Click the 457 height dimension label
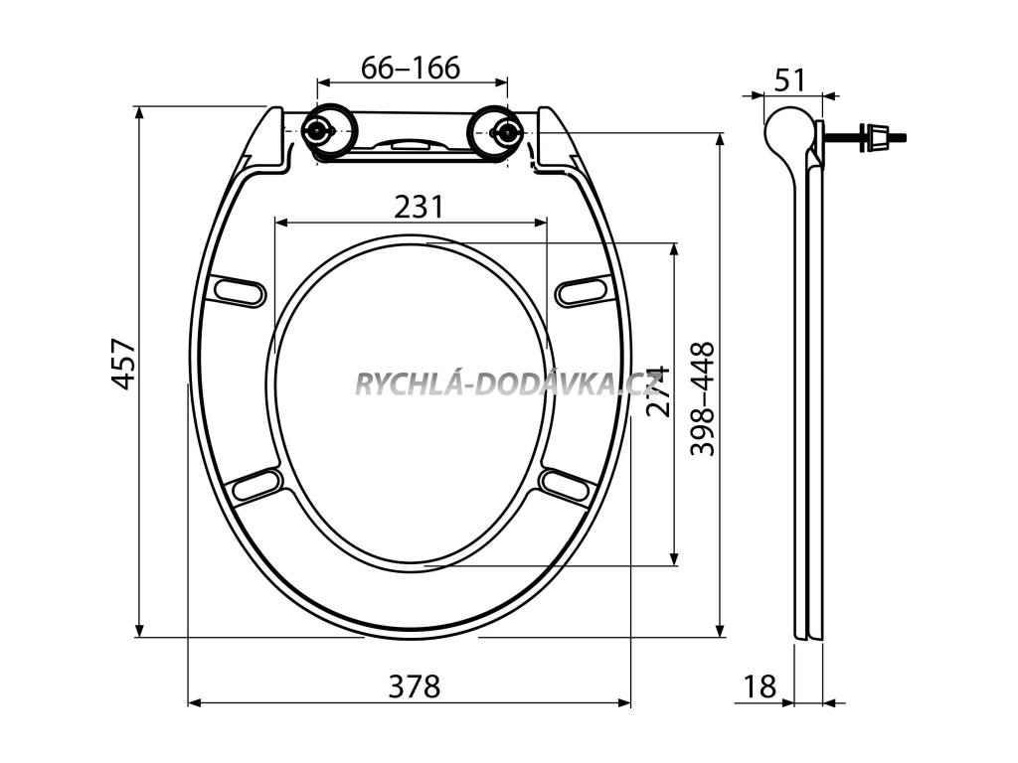[x=121, y=365]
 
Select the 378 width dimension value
[x=412, y=687]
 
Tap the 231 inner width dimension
[x=418, y=207]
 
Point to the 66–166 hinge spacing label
[x=410, y=68]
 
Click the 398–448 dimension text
[x=703, y=398]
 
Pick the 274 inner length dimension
[x=658, y=391]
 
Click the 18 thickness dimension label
[x=760, y=687]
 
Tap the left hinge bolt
[x=319, y=130]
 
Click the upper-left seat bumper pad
[x=239, y=291]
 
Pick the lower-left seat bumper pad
[x=256, y=486]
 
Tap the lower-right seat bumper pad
[x=565, y=485]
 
